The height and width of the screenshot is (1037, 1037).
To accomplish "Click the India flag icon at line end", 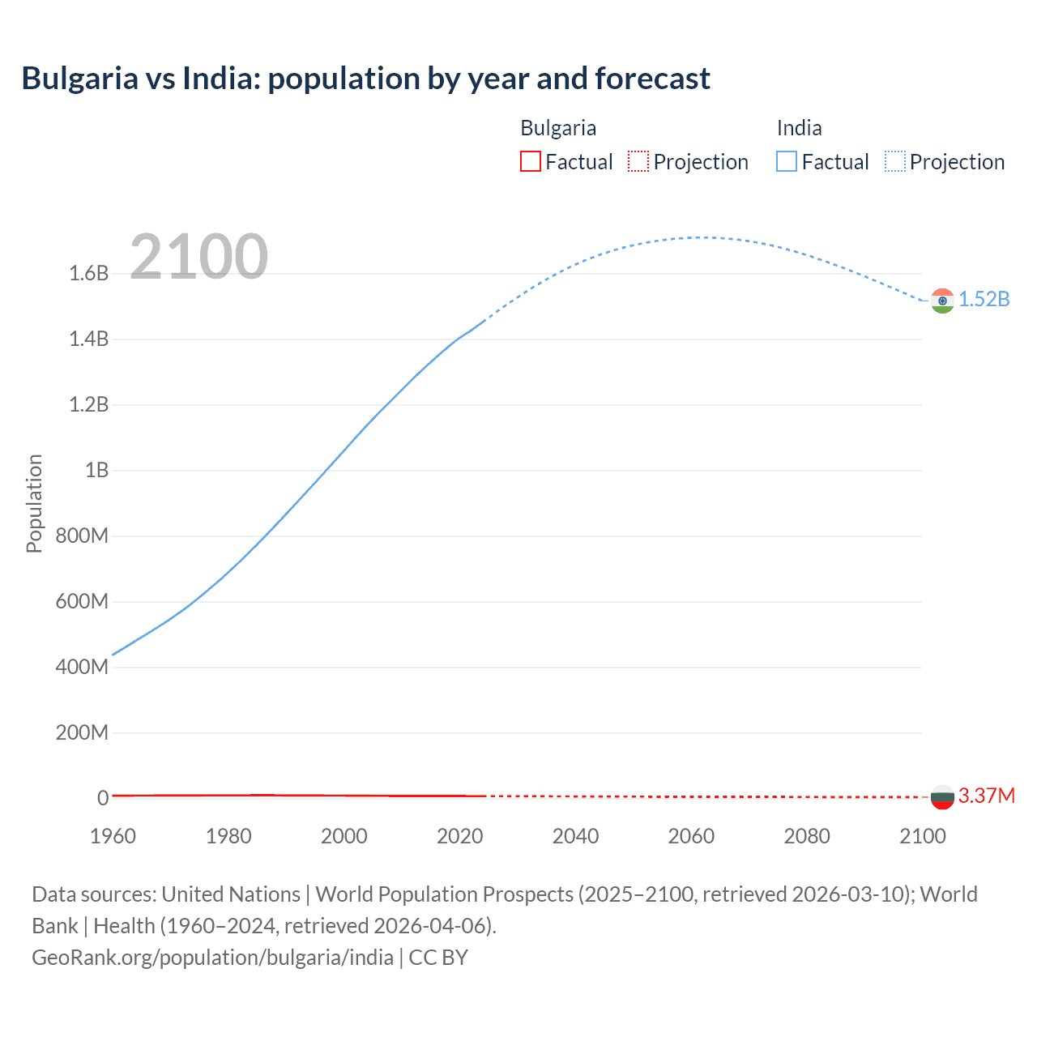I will click(x=942, y=301).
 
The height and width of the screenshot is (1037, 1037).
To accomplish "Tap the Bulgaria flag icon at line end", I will click(x=942, y=797).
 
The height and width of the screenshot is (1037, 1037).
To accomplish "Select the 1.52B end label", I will click(x=984, y=300).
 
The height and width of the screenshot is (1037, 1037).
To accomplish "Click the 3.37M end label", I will click(x=987, y=796).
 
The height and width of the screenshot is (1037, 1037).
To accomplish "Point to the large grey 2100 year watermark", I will click(x=198, y=257).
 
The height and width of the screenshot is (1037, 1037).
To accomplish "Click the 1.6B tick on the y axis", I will click(x=89, y=274).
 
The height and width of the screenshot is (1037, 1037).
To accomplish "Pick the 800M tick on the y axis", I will click(x=82, y=536).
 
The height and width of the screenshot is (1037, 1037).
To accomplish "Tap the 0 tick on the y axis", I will click(x=103, y=798).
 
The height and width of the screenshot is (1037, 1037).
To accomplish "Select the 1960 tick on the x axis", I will click(x=113, y=836).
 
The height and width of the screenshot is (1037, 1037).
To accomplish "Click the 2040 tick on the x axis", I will click(x=575, y=836).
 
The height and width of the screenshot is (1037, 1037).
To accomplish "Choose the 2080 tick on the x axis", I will click(x=807, y=836).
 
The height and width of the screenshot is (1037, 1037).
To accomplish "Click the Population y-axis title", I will click(x=34, y=503).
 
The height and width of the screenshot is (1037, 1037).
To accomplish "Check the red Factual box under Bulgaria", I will click(x=531, y=162).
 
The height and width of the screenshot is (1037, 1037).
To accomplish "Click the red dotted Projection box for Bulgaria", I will click(x=638, y=162).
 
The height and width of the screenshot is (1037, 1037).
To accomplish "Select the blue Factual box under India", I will click(x=787, y=162).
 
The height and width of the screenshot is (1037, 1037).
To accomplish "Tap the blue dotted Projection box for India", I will click(x=895, y=162).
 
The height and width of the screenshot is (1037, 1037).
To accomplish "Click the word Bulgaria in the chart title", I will click(x=79, y=79).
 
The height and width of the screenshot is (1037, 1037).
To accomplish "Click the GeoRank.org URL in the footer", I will click(x=212, y=958).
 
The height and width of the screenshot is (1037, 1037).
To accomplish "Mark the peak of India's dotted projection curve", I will click(x=698, y=237).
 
